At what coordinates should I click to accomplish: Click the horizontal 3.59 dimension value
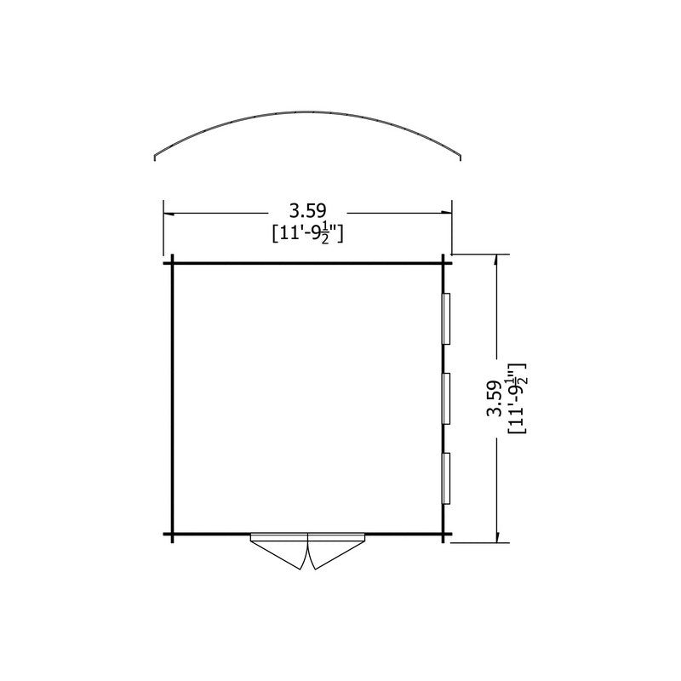click(x=307, y=211)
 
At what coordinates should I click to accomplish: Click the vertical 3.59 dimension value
click(x=494, y=398)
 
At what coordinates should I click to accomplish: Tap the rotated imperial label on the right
click(x=517, y=398)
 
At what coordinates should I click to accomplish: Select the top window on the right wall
click(x=446, y=318)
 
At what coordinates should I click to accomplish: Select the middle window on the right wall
click(x=446, y=398)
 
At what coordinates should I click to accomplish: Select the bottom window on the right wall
click(x=446, y=478)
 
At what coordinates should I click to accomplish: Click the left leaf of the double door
click(x=279, y=551)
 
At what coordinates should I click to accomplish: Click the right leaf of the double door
click(x=336, y=551)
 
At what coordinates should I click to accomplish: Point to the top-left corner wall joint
click(x=173, y=263)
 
